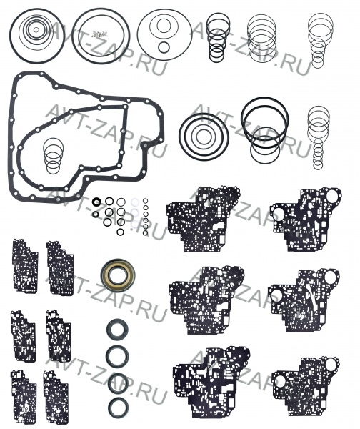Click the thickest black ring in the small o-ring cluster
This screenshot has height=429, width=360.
click(x=96, y=202)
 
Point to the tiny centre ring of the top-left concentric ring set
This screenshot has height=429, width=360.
click(x=36, y=29)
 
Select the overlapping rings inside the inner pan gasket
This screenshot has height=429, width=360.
click(x=54, y=156)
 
